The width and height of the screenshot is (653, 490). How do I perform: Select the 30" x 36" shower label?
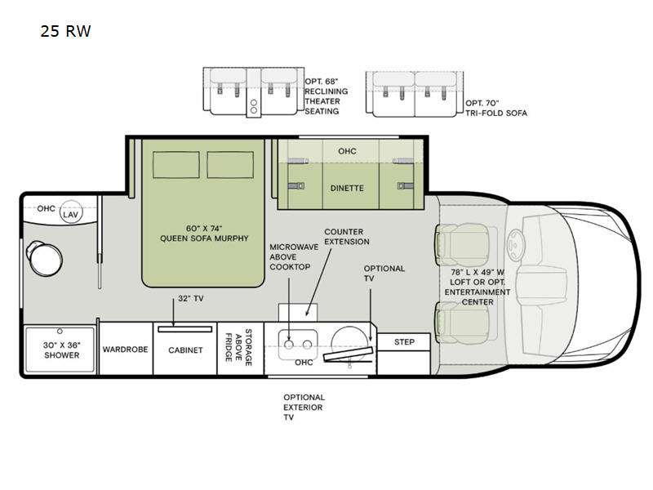pos(62,350)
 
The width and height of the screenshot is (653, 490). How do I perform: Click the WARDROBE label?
pos(125,349)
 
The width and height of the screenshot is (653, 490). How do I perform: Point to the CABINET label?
pos(184,349)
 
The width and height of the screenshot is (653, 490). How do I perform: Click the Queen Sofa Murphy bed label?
pos(203,234)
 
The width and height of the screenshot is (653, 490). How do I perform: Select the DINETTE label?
pos(347,188)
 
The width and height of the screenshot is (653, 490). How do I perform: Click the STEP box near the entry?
pos(404,341)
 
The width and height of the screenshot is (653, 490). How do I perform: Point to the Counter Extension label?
pos(346,237)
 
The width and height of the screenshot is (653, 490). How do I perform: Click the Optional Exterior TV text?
pos(304,407)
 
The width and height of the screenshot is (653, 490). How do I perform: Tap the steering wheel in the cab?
pos(515,243)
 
